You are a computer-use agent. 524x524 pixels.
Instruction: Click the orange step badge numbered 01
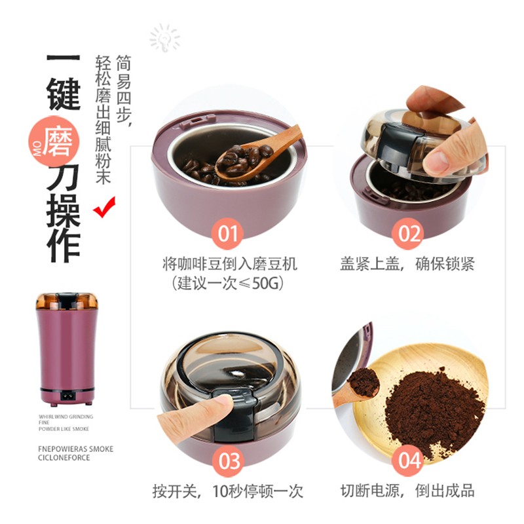pos(228,233)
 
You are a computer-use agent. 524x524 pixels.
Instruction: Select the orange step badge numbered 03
pos(229,460)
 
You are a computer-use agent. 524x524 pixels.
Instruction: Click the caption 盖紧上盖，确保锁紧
pos(407,264)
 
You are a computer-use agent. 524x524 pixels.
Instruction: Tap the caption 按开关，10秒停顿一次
pos(229,491)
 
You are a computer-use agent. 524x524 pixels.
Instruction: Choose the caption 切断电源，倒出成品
pos(407,491)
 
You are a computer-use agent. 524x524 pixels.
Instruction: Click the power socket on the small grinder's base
pos(66,395)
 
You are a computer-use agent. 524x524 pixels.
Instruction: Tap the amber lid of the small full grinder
pos(66,301)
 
